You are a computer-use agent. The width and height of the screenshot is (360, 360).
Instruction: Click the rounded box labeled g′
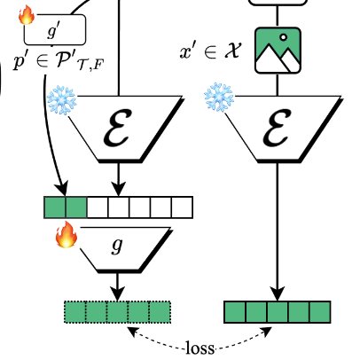click(55, 29)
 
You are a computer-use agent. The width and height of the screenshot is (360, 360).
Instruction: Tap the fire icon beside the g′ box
click(27, 15)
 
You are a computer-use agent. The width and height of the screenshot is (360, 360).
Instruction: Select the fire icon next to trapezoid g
click(67, 235)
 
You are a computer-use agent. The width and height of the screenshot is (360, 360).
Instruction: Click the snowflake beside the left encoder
click(61, 100)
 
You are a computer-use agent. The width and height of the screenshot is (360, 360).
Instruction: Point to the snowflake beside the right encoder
click(219, 98)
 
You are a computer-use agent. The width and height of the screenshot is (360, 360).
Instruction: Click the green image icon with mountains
click(278, 51)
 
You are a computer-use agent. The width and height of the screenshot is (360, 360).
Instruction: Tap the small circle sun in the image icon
click(284, 37)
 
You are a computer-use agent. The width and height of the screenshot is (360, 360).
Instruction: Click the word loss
click(200, 348)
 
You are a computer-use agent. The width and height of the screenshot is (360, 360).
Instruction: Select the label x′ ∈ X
click(210, 51)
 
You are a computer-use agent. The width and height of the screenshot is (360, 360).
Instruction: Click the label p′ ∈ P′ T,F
click(59, 63)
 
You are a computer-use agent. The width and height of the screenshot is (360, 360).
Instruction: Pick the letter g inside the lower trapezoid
click(117, 246)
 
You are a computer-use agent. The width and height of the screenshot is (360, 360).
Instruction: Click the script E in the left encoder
click(116, 128)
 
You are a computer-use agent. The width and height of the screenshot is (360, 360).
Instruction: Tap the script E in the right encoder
click(276, 128)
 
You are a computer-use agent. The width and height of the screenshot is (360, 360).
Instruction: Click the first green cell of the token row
click(55, 207)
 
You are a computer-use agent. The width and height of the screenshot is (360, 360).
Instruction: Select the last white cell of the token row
click(182, 207)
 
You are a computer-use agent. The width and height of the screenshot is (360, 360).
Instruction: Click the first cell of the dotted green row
click(75, 312)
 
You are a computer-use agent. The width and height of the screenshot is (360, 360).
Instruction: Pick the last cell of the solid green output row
click(320, 312)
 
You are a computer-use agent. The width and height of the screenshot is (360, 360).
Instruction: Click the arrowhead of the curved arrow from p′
click(63, 189)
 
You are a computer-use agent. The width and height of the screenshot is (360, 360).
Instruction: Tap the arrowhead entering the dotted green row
click(118, 293)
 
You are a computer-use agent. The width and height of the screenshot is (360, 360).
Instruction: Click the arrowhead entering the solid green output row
click(278, 293)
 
